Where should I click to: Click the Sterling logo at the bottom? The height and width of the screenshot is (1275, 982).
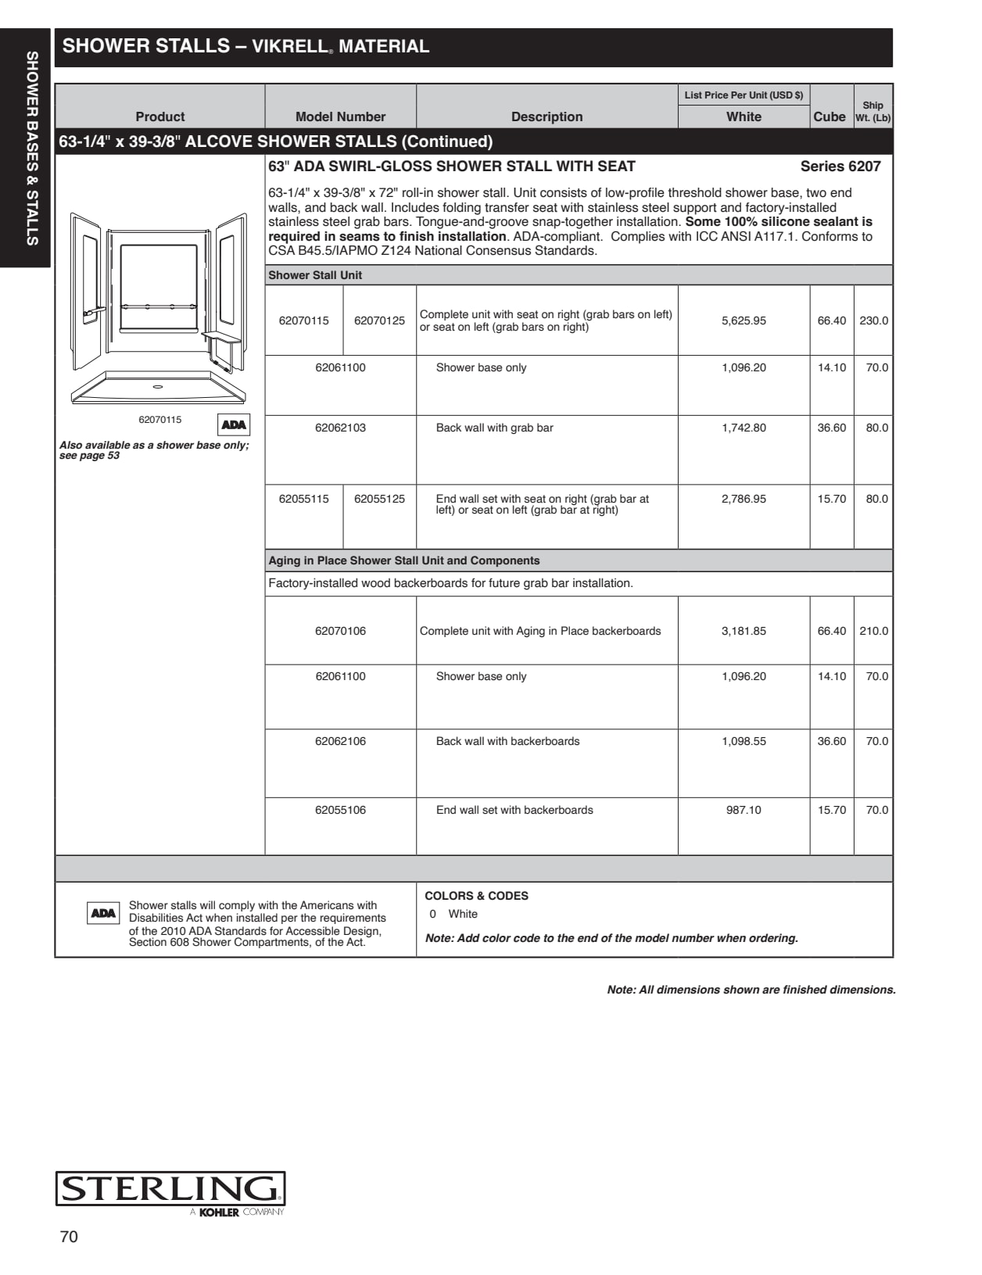pyautogui.click(x=170, y=1190)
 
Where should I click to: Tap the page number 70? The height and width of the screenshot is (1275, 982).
pyautogui.click(x=69, y=1237)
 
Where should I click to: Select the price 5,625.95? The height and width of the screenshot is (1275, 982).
pyautogui.click(x=744, y=321)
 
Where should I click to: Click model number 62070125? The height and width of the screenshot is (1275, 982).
pyautogui.click(x=379, y=321)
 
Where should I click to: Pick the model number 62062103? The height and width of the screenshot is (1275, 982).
pyautogui.click(x=340, y=428)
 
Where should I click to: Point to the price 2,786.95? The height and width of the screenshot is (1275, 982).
pyautogui.click(x=744, y=499)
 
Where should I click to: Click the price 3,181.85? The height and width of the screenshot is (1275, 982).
pyautogui.click(x=744, y=631)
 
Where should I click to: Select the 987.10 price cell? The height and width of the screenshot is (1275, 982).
pyautogui.click(x=744, y=810)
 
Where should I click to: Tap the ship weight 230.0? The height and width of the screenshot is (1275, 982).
pyautogui.click(x=873, y=321)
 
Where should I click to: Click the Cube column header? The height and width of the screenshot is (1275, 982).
pyautogui.click(x=830, y=116)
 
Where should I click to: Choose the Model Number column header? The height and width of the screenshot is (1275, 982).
pyautogui.click(x=340, y=116)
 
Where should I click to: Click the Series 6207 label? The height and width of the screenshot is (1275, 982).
pyautogui.click(x=840, y=167)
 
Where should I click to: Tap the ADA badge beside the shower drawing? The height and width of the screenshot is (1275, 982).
pyautogui.click(x=234, y=424)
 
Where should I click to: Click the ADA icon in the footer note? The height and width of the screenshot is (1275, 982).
pyautogui.click(x=103, y=913)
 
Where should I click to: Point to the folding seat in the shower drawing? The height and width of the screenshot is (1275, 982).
pyautogui.click(x=221, y=337)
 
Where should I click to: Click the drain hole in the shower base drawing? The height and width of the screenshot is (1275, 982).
pyautogui.click(x=158, y=386)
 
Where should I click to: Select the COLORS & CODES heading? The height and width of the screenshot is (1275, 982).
pyautogui.click(x=476, y=896)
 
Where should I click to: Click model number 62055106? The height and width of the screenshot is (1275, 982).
pyautogui.click(x=340, y=810)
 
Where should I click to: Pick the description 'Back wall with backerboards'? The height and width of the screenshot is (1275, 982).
pyautogui.click(x=507, y=741)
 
